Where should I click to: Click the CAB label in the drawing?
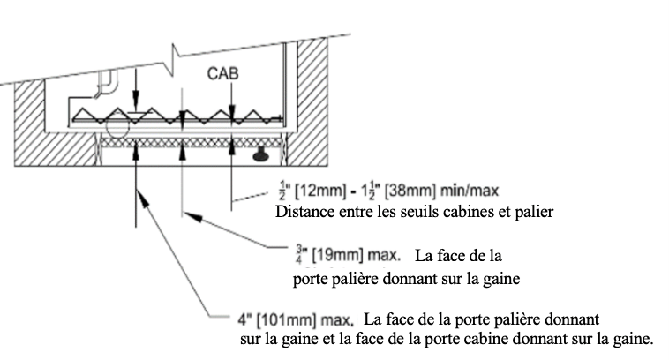coord(222,73)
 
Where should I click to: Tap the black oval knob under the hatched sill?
coord(260,156)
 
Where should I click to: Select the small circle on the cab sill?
coord(117,127)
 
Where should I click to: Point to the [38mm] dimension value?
coord(410,191)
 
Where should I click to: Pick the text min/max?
coord(470,191)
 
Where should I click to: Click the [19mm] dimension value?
coord(337,256)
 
